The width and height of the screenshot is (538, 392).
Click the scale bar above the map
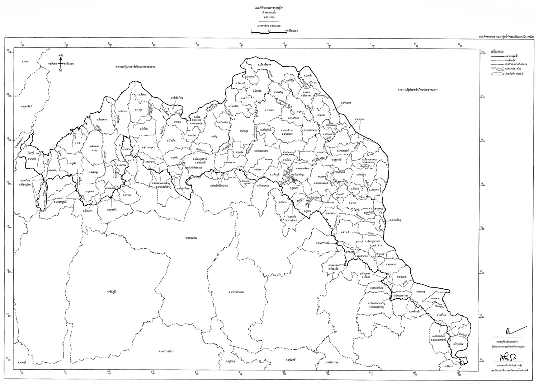(x=269, y=33)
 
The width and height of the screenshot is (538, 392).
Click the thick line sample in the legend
(x=493, y=57)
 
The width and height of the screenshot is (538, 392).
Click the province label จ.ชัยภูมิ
(x=112, y=291)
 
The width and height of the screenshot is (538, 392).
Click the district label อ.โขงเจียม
(x=458, y=344)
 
